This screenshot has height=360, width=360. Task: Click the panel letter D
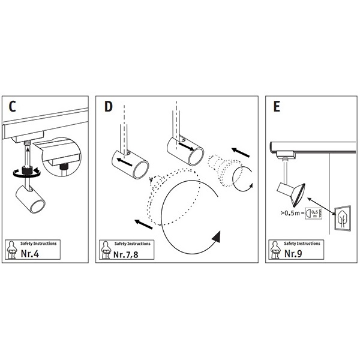[108, 107]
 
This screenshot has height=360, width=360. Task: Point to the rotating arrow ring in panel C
[25, 172]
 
